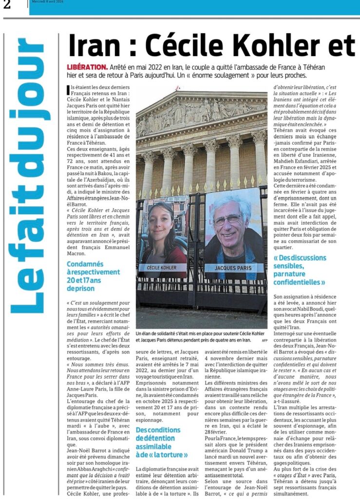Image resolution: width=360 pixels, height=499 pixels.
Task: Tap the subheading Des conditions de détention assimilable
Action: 162,441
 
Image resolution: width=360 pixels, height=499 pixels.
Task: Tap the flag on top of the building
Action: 179,88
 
